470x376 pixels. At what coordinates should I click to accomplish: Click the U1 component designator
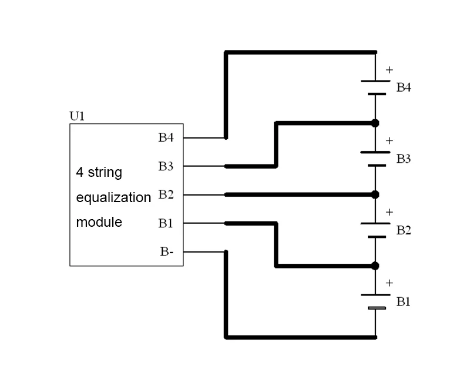[77, 116]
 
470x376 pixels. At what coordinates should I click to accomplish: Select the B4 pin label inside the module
[166, 138]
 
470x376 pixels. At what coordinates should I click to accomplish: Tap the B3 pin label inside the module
[166, 166]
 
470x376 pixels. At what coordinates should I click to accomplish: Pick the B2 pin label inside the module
[166, 194]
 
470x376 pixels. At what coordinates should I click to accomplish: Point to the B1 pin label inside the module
[166, 223]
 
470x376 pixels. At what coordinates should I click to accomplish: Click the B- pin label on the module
[167, 252]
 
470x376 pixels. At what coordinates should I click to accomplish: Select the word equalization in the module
[113, 198]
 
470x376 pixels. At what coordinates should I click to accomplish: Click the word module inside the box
[99, 223]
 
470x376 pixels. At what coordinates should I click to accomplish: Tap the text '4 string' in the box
[99, 173]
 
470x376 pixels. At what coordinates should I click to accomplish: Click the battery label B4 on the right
[404, 88]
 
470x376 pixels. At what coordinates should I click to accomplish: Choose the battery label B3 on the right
[404, 159]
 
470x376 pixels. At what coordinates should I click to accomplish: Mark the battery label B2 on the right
[404, 230]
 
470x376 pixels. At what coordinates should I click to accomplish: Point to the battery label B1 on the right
[404, 302]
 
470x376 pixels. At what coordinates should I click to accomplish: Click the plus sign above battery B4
[389, 70]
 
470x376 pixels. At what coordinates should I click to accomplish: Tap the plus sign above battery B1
[389, 283]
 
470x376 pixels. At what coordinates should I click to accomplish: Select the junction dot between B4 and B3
[375, 123]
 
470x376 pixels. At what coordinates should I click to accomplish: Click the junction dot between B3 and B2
[375, 194]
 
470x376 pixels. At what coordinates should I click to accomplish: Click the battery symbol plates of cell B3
[375, 159]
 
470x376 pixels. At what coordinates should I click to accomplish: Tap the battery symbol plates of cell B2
[375, 230]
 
